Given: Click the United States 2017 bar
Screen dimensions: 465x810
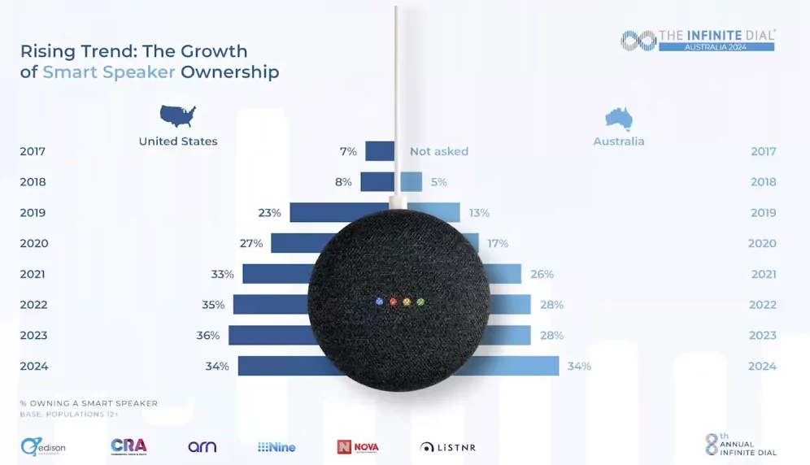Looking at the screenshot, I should pos(379,151).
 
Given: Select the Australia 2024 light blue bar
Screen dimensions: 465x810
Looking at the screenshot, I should pos(520,366).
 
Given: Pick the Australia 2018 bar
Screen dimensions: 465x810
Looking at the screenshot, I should pos(411,182).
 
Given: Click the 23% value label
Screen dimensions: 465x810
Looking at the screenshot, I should pos(270,213).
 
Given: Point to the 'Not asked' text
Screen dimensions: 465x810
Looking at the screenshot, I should pos(439,151).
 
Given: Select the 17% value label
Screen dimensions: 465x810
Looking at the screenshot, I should pos(498,243).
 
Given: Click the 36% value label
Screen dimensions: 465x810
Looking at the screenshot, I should pos(208,335).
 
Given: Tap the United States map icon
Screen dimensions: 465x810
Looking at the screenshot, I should pos(178,116).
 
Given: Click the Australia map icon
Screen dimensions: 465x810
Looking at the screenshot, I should pos(619,119).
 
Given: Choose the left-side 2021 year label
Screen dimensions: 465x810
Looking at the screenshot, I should pos(34,274).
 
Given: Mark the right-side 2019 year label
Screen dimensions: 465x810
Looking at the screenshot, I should pos(763,213).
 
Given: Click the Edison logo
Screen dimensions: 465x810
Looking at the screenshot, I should pos(43,446).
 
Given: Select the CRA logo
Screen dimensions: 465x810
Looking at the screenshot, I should pos(128,446).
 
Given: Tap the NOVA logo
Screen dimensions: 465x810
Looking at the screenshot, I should pos(358,447).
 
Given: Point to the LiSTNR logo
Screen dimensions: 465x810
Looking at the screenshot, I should pos(448,447).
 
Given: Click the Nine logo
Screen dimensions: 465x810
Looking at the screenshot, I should pos(277,447).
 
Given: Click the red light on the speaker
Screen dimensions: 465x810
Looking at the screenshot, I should pos(393,302).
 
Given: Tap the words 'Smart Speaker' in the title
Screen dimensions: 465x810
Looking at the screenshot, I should pos(109,72).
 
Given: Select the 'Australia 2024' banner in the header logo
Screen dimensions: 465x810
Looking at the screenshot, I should pos(716,46).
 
